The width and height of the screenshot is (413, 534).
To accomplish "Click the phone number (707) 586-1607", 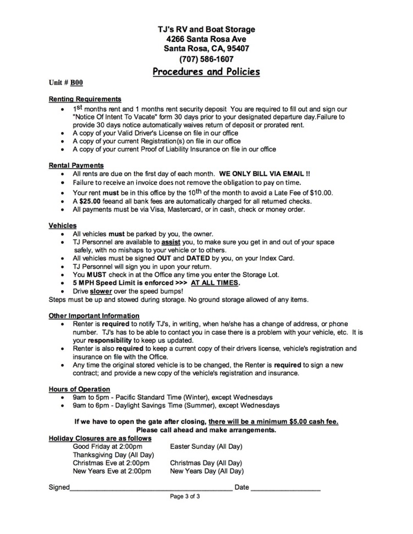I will [x=206, y=59].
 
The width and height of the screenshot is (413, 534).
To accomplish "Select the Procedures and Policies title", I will [x=206, y=72].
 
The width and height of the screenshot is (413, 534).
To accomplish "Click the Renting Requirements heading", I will [x=85, y=99].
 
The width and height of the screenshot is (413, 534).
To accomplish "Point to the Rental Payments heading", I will [x=76, y=166].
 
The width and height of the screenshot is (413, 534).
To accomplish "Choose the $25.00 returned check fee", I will [x=94, y=201].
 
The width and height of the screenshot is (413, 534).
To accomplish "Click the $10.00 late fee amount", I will [x=321, y=192].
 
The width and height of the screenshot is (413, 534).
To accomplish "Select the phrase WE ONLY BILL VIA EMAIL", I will [x=264, y=175].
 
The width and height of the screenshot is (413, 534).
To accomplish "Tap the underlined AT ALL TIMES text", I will [x=215, y=283].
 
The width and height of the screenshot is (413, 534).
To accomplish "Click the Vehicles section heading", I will [x=62, y=226].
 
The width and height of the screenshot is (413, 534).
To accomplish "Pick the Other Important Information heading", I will [x=94, y=316].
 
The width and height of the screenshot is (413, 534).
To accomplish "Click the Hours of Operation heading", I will [x=79, y=389].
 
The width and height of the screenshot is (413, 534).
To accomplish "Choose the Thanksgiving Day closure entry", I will [x=113, y=455].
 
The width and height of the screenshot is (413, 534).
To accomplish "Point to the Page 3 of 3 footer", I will [x=185, y=497].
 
